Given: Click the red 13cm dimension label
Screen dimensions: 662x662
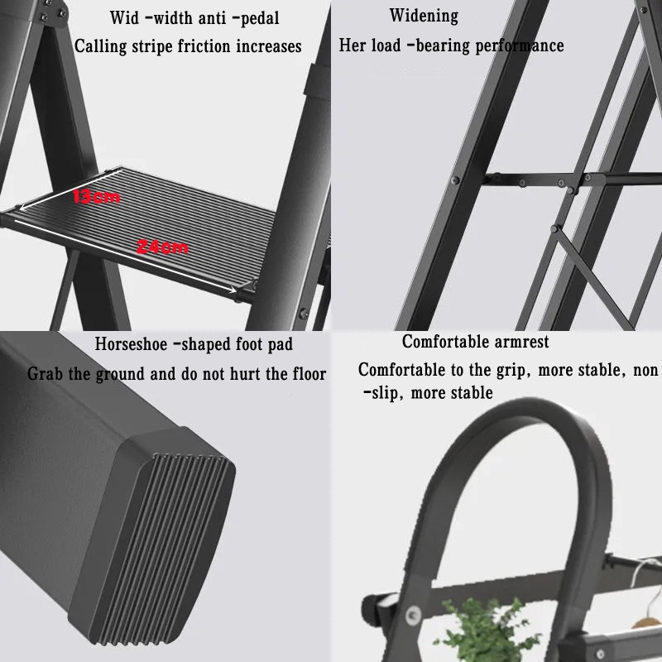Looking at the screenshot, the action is point(96,197).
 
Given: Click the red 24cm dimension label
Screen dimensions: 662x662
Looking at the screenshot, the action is point(162,247).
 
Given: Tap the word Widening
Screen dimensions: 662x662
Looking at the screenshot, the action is point(424,16).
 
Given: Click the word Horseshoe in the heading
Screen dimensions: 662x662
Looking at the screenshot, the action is point(131,344).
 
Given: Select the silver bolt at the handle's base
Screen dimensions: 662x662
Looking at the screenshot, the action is point(412,615).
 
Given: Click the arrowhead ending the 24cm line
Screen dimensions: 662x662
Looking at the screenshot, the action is point(233,290).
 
